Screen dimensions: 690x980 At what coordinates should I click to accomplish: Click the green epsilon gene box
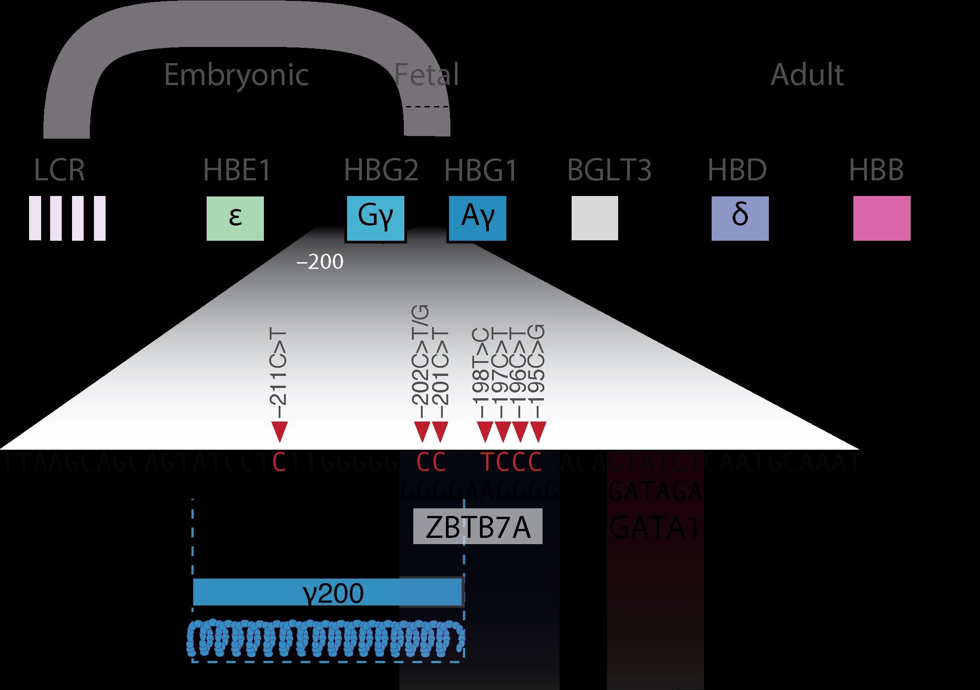(235, 218)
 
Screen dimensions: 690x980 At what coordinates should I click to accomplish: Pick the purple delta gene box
(740, 218)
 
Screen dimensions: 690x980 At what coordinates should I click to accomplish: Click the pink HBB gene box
(882, 218)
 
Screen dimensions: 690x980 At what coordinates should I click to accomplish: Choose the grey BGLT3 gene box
(594, 218)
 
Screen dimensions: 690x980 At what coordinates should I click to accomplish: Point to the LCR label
(59, 170)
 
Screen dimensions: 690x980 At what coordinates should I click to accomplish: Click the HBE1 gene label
(237, 170)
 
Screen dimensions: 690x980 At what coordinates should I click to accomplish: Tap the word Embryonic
(236, 75)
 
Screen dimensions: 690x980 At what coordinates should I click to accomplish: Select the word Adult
(807, 75)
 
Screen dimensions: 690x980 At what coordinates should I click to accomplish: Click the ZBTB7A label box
(477, 527)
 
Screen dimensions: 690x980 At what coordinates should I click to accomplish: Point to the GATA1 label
(654, 528)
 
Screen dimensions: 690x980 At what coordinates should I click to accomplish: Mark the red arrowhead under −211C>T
(279, 431)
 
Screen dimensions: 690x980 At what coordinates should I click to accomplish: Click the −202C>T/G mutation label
(421, 356)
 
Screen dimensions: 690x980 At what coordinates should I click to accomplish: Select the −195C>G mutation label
(538, 365)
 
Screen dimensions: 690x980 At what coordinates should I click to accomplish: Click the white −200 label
(320, 262)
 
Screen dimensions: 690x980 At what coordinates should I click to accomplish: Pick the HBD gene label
(737, 170)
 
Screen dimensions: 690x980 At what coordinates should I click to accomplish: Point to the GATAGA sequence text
(655, 491)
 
